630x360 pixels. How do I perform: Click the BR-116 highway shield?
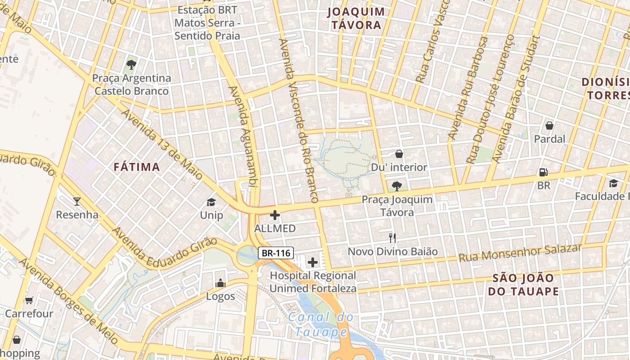click(x=276, y=253)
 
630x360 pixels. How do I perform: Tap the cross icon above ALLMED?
click(x=274, y=215)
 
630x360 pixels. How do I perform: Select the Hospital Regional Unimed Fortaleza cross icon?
click(x=313, y=262)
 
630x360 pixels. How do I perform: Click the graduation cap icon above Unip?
click(x=211, y=202)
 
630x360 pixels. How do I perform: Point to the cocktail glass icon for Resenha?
click(x=77, y=201)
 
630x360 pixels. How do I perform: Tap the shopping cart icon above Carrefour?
click(x=29, y=300)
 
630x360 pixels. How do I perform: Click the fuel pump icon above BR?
click(x=543, y=172)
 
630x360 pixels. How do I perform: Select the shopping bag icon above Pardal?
click(x=549, y=126)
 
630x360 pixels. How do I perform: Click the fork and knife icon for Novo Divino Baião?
click(x=392, y=238)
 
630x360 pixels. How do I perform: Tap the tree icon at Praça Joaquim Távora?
click(x=396, y=185)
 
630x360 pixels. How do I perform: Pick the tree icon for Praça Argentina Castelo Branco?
click(x=131, y=65)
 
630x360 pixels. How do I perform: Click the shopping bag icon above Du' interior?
click(x=399, y=154)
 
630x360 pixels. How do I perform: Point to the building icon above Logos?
click(x=220, y=283)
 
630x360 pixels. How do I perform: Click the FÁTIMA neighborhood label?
click(x=137, y=167)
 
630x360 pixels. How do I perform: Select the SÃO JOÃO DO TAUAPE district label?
click(x=523, y=284)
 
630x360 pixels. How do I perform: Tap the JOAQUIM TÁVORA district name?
click(x=356, y=18)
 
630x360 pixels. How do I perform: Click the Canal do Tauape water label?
click(x=320, y=324)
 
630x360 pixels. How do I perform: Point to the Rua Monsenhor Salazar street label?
click(x=520, y=253)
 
